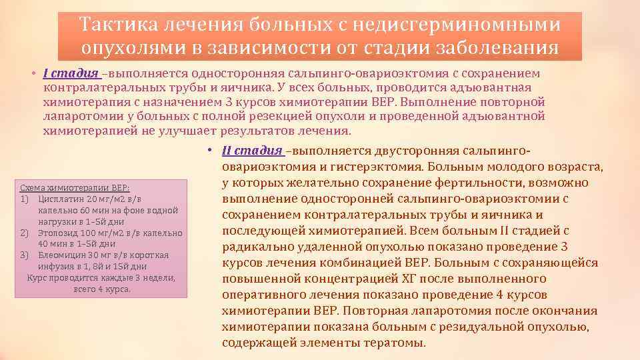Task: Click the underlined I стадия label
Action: pyautogui.click(x=71, y=73)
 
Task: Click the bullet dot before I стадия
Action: pyautogui.click(x=32, y=73)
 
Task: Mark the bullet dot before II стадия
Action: pyautogui.click(x=209, y=151)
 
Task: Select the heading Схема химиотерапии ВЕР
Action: pyautogui.click(x=75, y=188)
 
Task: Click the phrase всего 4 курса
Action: pyautogui.click(x=102, y=289)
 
